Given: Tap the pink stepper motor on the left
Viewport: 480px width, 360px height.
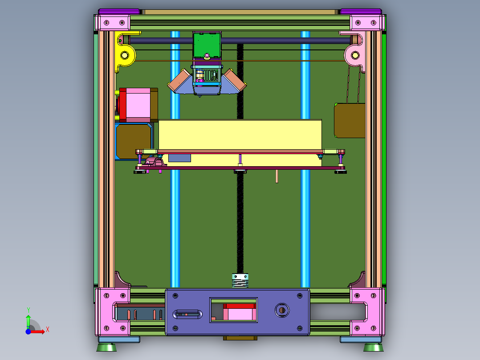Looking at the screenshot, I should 139,105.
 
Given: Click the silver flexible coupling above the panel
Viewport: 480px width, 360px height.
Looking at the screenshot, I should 240,281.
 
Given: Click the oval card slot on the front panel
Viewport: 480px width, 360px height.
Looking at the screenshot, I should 187,314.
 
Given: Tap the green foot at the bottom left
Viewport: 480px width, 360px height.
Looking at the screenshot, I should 106,347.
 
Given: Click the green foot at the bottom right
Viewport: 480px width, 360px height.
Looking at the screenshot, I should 373,347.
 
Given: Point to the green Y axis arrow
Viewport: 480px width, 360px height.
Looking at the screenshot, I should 28,320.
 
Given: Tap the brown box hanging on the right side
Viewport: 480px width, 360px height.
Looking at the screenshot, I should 350,120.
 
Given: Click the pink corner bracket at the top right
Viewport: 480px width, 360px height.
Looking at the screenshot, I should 367,22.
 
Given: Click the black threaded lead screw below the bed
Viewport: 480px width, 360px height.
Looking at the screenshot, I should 240,223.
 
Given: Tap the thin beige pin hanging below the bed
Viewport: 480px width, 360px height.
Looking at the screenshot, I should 277,176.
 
